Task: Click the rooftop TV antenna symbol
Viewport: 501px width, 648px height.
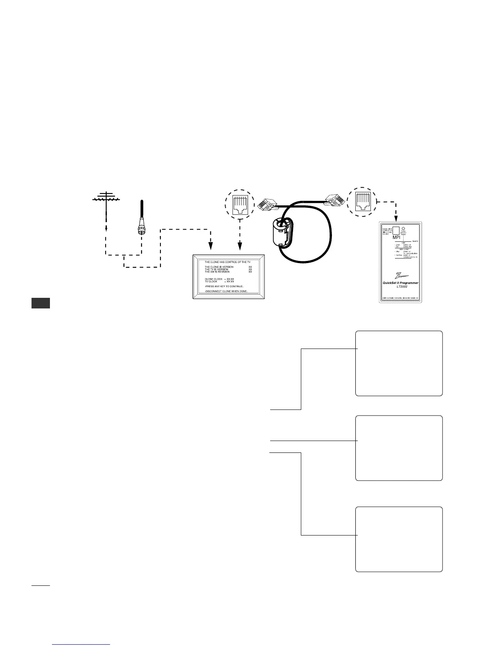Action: point(106,198)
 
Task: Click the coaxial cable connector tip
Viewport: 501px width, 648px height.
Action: point(141,229)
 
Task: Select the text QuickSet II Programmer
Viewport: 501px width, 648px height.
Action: point(399,283)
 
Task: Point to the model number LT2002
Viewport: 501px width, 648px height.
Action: point(399,287)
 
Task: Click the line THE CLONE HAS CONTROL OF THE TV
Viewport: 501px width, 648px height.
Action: point(228,261)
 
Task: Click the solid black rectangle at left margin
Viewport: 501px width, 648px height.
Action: point(41,303)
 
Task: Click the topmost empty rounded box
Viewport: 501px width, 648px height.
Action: point(399,363)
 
